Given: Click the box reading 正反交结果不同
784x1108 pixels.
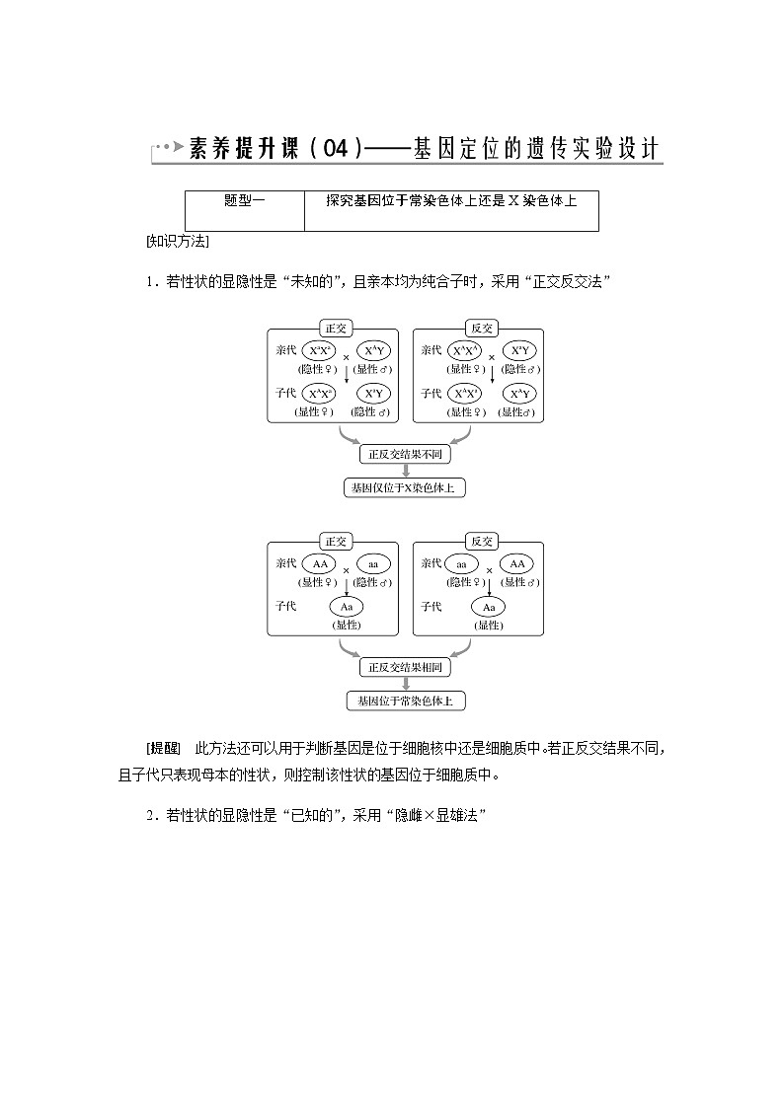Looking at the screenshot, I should pyautogui.click(x=405, y=454).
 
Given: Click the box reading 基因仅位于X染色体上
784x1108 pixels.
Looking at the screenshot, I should pyautogui.click(x=405, y=487).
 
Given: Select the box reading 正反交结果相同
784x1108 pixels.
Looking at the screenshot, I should pyautogui.click(x=405, y=668).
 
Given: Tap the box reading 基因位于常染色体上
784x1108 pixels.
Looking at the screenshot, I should pyautogui.click(x=405, y=702).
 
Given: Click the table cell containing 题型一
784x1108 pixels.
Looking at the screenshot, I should pyautogui.click(x=245, y=200).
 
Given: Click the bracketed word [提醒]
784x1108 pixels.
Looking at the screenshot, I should pyautogui.click(x=163, y=747).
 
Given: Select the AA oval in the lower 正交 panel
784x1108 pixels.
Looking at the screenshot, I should pyautogui.click(x=319, y=563).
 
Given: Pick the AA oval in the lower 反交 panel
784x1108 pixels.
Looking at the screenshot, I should pyautogui.click(x=516, y=563).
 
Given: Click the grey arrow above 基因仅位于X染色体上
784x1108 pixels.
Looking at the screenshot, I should pyautogui.click(x=405, y=471).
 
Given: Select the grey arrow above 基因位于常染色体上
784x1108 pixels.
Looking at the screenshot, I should pyautogui.click(x=405, y=685).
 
